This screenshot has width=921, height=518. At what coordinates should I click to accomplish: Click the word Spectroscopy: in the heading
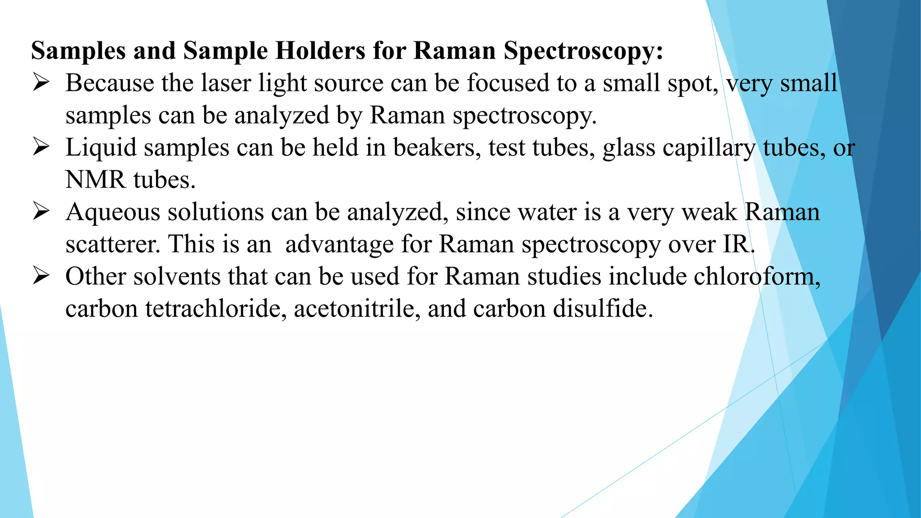(583, 51)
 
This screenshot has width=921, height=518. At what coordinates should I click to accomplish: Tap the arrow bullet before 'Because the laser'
(41, 83)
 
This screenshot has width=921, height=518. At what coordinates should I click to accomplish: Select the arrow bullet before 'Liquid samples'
(41, 147)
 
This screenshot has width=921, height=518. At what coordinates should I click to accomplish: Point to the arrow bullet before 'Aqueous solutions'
(41, 212)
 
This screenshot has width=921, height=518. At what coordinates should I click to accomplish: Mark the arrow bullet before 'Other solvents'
(41, 276)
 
